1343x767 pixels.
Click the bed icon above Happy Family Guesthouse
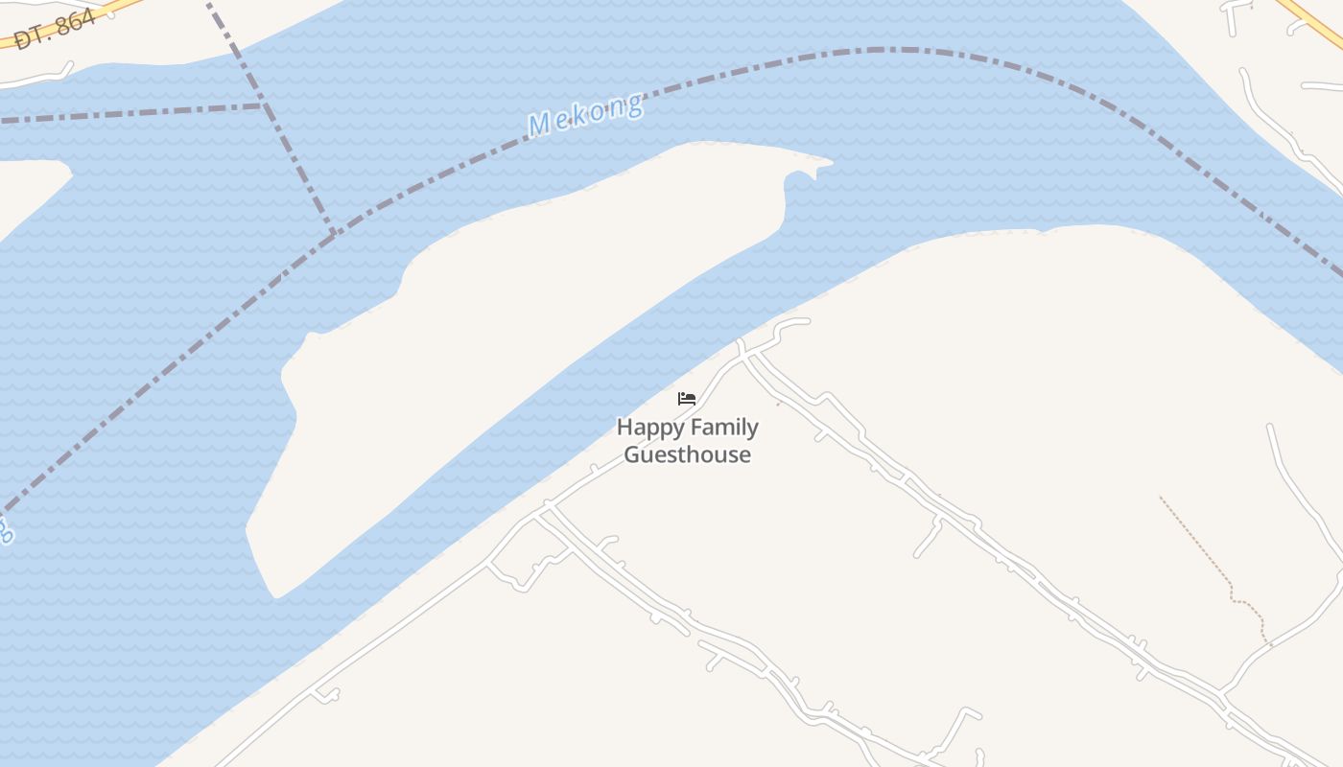pyautogui.click(x=687, y=398)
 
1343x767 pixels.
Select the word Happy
pyautogui.click(x=648, y=429)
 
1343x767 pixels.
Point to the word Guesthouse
pyautogui.click(x=687, y=454)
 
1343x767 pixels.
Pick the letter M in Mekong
pyautogui.click(x=539, y=126)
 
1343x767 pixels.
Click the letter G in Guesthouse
pyautogui.click(x=633, y=454)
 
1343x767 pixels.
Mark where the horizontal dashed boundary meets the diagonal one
pyautogui.click(x=264, y=105)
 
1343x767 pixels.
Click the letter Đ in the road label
pyautogui.click(x=21, y=40)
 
